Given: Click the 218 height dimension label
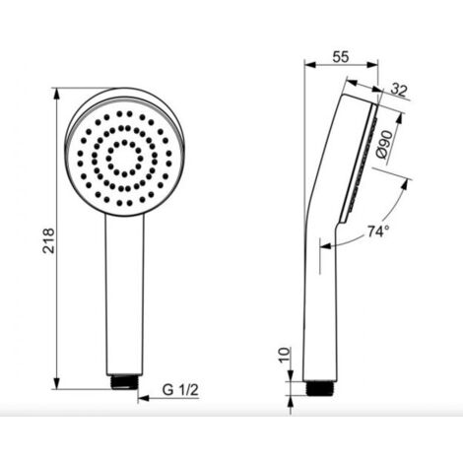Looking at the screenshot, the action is (48, 240).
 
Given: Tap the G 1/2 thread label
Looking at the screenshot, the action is (180, 390).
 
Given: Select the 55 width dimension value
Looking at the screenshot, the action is (341, 57).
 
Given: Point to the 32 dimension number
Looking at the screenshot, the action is (399, 90).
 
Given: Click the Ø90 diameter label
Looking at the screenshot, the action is (384, 144).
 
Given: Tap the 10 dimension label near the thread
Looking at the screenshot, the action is (285, 355).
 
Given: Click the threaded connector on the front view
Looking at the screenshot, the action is (125, 382).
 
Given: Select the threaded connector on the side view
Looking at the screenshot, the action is (320, 388).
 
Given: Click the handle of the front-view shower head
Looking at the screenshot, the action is (125, 295).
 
